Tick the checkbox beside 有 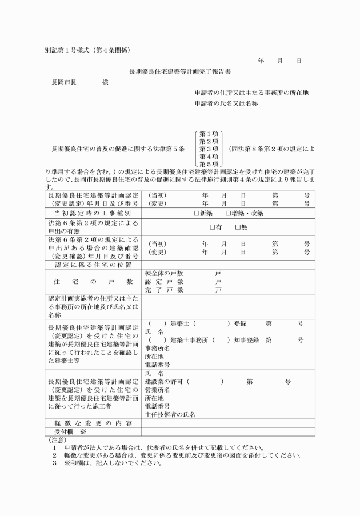212,227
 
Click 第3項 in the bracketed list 209,149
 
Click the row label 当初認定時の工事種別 93,213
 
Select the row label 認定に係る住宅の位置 93,265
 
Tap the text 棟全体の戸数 164,273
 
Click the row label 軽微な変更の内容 93,423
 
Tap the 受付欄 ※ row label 70,432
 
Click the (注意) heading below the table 57,440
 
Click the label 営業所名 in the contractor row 158,389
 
